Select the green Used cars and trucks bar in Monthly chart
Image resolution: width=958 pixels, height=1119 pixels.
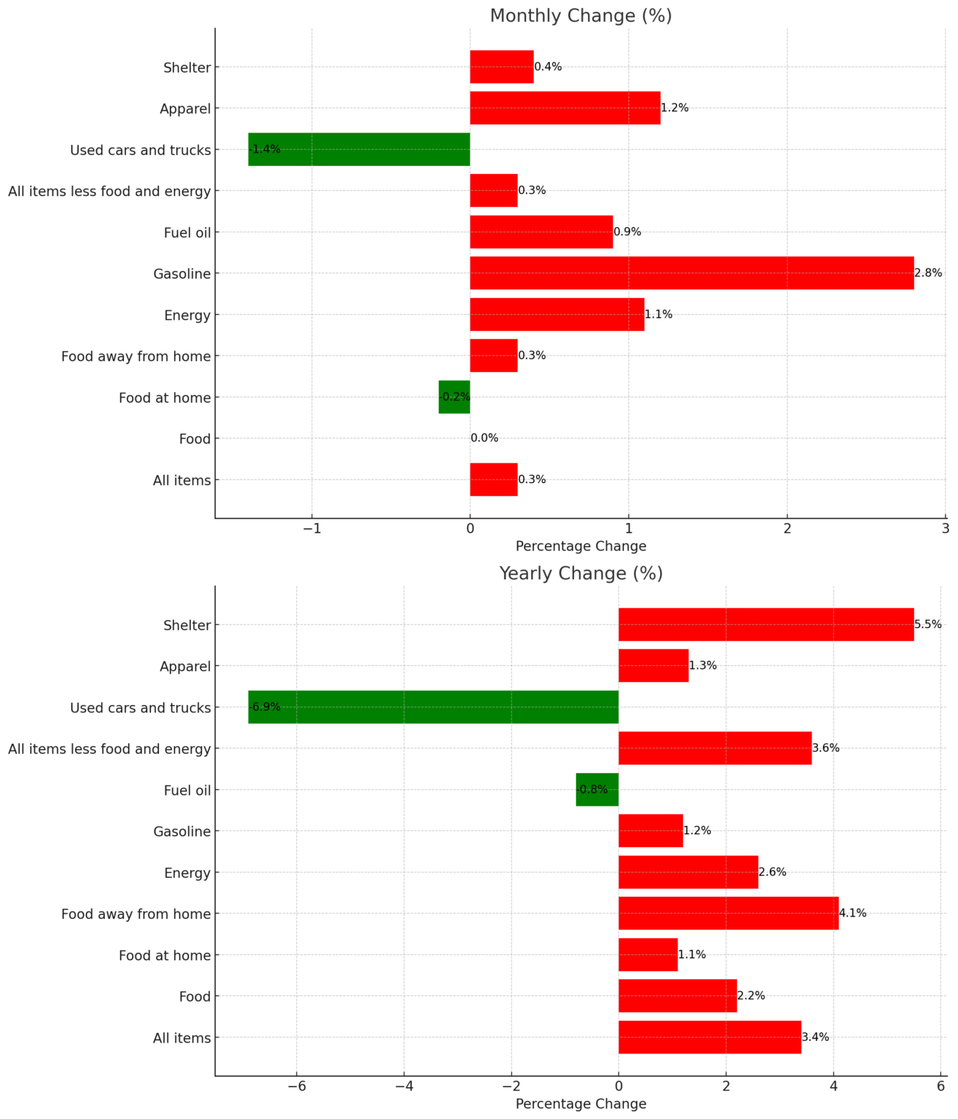tap(358, 149)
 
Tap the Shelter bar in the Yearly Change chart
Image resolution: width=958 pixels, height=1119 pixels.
tap(765, 624)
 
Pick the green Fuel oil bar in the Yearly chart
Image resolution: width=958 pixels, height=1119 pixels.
tap(597, 790)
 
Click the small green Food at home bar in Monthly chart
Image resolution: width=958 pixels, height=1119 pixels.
tap(454, 397)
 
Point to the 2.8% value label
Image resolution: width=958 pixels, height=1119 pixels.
tap(928, 273)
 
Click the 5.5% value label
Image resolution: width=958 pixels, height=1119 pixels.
tap(928, 624)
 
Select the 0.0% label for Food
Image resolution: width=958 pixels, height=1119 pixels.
tap(484, 439)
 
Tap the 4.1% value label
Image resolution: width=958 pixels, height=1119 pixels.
tap(853, 914)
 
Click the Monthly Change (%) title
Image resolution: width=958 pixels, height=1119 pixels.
tap(581, 15)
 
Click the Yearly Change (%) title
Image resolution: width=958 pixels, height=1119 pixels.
tap(581, 573)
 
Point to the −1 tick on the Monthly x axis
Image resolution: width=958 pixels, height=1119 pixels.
tap(312, 527)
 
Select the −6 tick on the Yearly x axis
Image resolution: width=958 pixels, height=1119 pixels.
tap(297, 1085)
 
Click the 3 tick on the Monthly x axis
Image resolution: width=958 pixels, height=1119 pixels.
tap(945, 527)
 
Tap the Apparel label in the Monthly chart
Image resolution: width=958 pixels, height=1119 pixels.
tap(185, 109)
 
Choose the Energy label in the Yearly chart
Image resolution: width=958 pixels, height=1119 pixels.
tap(187, 873)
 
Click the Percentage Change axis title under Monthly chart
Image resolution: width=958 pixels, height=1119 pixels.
tap(581, 546)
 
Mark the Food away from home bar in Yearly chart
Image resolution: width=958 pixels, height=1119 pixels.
tap(728, 914)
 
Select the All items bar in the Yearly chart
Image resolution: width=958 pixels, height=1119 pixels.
tap(709, 1037)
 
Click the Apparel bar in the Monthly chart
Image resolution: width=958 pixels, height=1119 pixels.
tap(565, 108)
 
